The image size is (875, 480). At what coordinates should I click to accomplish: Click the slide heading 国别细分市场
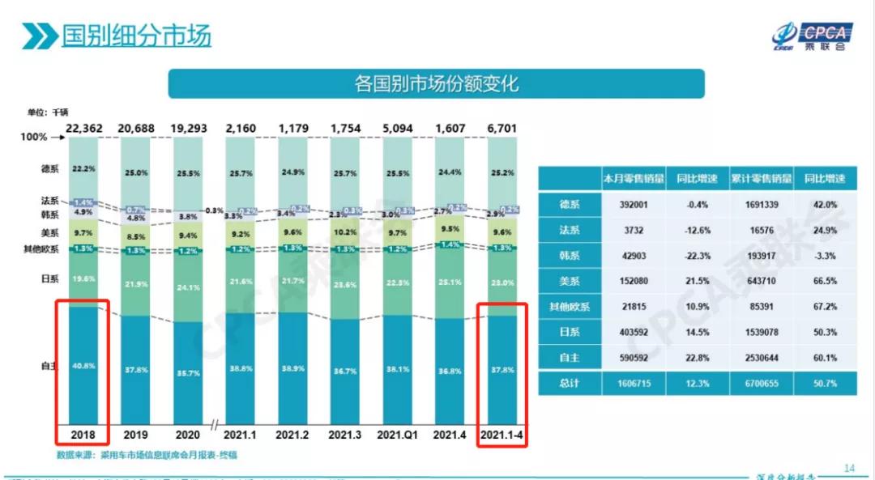pos(136,36)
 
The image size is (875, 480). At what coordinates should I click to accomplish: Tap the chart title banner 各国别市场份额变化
pos(436,83)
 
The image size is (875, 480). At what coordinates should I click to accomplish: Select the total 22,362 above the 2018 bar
pos(83,128)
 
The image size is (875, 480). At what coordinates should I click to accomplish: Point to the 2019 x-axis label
pos(137,434)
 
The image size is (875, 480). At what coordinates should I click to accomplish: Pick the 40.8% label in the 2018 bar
pos(83,366)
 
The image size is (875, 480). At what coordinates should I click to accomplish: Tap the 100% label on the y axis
pos(34,138)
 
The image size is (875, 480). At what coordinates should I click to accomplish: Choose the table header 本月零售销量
pos(633,179)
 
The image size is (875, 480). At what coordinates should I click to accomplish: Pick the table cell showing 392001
pos(633,205)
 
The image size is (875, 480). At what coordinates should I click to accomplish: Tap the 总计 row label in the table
pos(570,383)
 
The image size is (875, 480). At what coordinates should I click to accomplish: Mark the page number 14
pos(849,468)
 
